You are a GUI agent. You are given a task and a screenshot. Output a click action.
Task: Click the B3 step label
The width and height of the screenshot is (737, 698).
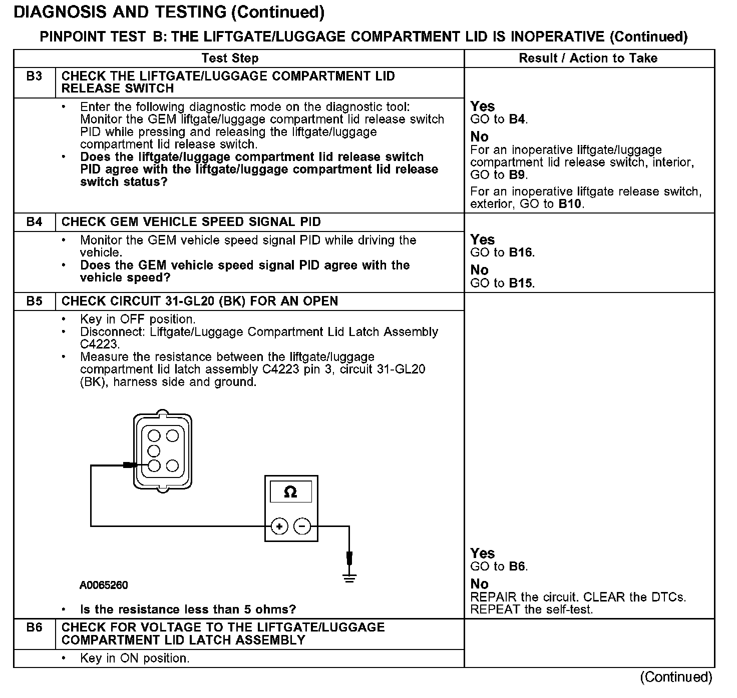point(34,76)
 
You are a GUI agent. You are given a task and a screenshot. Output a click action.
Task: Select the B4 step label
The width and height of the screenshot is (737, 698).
point(34,222)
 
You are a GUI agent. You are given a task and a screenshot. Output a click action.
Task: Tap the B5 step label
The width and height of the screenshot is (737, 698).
point(34,301)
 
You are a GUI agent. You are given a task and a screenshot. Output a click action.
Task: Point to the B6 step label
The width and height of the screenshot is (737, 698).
point(34,627)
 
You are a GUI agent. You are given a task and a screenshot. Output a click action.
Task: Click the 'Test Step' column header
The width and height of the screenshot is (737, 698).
point(230,58)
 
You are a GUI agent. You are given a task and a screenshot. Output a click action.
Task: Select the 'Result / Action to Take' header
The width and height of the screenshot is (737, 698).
point(588,58)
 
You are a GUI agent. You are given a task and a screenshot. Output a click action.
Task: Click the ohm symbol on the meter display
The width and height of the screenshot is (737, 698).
point(290,492)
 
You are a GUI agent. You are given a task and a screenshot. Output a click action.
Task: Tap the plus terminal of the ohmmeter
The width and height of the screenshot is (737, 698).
point(279,526)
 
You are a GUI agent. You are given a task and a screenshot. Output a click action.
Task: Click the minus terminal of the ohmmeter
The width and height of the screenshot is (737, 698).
point(302,526)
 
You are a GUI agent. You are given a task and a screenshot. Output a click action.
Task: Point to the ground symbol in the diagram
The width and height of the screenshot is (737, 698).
point(349,578)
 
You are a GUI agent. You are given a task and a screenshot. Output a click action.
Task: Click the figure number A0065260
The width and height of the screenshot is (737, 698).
point(104,585)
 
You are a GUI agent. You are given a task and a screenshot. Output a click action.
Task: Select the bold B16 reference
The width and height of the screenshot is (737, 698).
point(521,252)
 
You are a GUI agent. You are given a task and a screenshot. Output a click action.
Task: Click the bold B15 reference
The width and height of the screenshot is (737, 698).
point(521,283)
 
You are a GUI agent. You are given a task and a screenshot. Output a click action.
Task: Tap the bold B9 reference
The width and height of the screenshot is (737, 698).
point(518,175)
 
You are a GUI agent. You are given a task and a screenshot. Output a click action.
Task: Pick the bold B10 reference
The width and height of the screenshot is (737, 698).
point(570,204)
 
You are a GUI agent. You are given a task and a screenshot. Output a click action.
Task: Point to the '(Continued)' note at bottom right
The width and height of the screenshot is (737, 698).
point(676,677)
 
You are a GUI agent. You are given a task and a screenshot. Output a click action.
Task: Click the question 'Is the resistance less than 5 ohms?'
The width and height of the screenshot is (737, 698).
point(188,609)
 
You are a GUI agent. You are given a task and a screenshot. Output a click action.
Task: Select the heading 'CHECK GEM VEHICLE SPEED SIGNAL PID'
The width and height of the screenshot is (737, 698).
point(191,222)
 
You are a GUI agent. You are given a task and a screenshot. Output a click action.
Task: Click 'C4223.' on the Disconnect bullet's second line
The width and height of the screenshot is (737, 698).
point(100,344)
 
